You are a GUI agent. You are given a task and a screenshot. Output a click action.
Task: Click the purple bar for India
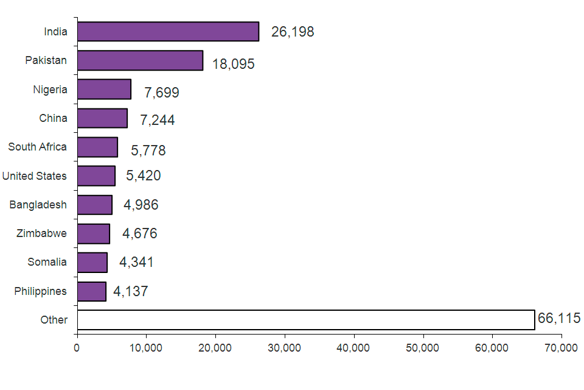(168, 32)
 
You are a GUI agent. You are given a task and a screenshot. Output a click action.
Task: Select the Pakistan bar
(140, 60)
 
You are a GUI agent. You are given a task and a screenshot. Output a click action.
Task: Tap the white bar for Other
(306, 320)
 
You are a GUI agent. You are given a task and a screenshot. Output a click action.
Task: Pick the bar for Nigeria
(104, 90)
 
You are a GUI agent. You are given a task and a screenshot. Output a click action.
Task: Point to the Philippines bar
(92, 291)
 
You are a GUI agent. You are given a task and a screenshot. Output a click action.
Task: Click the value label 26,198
(293, 32)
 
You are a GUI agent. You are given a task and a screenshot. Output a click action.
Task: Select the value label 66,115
(559, 318)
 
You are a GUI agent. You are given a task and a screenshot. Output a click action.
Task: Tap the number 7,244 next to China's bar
(157, 120)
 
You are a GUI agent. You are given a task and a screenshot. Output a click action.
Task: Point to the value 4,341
(136, 263)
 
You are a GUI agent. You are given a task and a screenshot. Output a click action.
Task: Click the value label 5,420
(143, 176)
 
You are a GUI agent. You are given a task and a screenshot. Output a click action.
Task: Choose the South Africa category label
(38, 147)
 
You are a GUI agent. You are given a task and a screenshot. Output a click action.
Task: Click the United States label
(34, 176)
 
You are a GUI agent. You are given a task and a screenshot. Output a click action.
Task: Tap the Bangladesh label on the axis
(38, 205)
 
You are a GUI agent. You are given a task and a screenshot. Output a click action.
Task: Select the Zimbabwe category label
(41, 233)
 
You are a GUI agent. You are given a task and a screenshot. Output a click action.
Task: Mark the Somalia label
(47, 262)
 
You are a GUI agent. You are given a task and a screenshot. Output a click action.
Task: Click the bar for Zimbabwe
(94, 233)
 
